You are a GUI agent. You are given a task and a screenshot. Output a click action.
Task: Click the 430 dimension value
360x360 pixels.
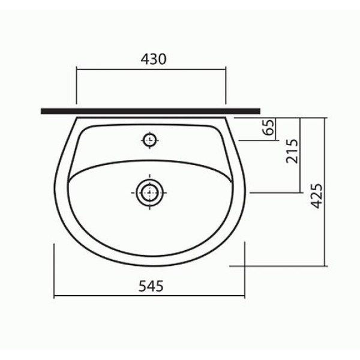(154, 59)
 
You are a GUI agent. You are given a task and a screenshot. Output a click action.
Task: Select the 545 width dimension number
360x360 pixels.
(151, 286)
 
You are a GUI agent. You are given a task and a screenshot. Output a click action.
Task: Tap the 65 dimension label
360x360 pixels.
(268, 127)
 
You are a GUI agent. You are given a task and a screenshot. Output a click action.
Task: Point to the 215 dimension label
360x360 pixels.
(292, 151)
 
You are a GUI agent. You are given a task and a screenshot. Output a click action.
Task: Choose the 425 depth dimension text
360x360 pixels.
(316, 196)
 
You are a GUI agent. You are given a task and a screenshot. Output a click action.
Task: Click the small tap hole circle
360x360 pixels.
(149, 140)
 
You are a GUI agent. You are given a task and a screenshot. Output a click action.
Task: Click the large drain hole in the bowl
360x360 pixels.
(149, 193)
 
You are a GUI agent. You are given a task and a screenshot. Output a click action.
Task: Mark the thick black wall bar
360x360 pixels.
(151, 112)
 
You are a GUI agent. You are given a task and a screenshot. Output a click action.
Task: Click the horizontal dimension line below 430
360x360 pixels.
(151, 69)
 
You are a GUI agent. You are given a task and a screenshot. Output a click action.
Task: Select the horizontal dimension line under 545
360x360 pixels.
(149, 296)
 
